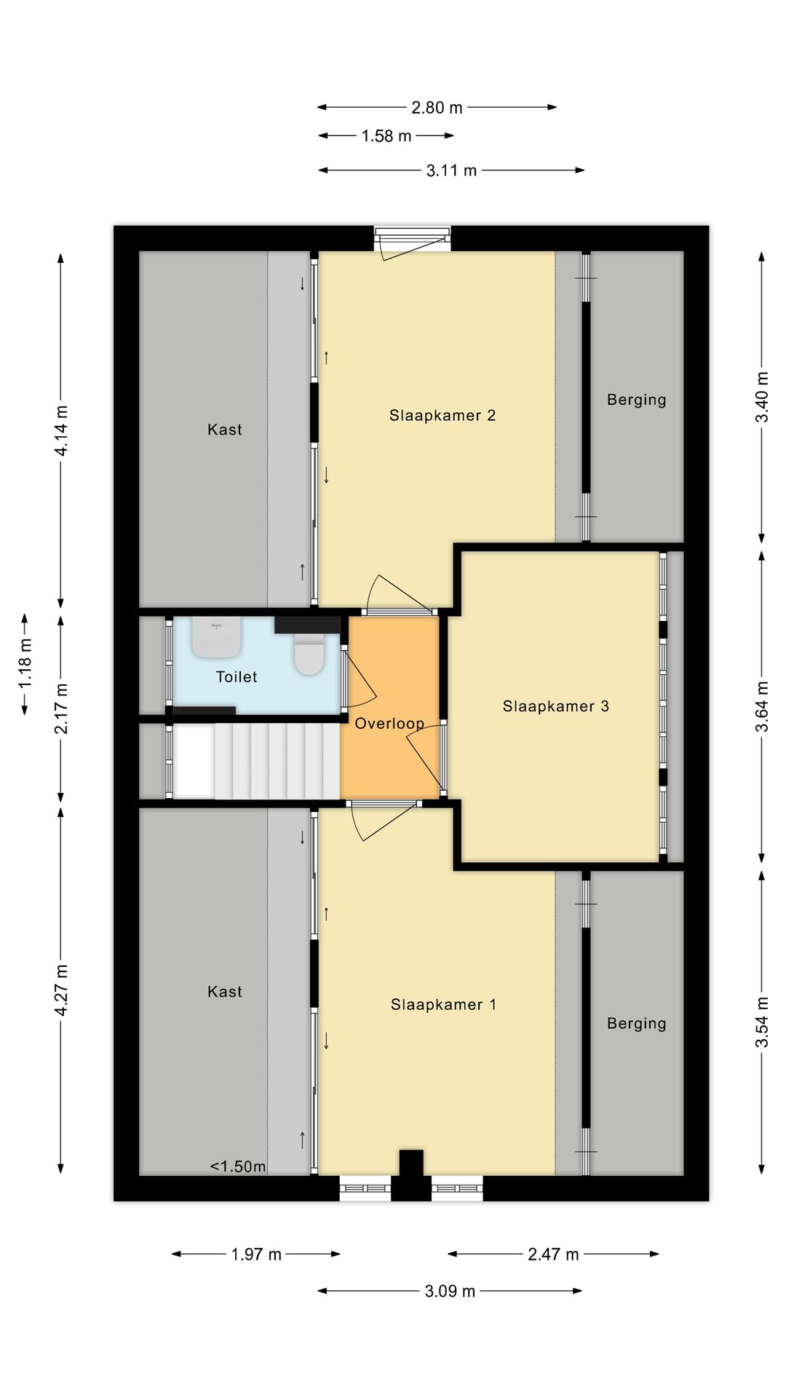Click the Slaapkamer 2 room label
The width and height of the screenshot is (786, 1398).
[x=442, y=416]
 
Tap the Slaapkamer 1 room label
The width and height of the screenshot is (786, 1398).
[x=443, y=1005]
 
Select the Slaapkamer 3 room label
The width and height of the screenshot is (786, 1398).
[x=556, y=706]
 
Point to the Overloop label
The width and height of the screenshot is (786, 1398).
[x=389, y=724]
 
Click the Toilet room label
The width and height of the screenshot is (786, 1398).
[x=237, y=677]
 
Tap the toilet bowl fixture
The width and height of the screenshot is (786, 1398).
[x=309, y=653]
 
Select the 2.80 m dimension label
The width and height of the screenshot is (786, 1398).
[x=437, y=108]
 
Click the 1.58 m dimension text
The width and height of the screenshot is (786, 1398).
[x=386, y=136]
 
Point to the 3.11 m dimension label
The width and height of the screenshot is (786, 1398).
[x=451, y=170]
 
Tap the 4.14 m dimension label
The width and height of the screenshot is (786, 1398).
[x=62, y=431]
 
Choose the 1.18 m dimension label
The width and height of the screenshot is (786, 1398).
[x=25, y=663]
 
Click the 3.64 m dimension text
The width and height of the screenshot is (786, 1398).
[x=762, y=707]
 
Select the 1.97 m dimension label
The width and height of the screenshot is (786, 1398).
[x=256, y=1254]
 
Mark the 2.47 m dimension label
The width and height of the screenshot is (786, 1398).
[x=553, y=1254]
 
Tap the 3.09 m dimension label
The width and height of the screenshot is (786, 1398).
[x=450, y=1291]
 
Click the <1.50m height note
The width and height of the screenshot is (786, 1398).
[x=238, y=1166]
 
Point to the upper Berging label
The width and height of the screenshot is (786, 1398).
[x=637, y=400]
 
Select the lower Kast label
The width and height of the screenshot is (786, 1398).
[x=225, y=992]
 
